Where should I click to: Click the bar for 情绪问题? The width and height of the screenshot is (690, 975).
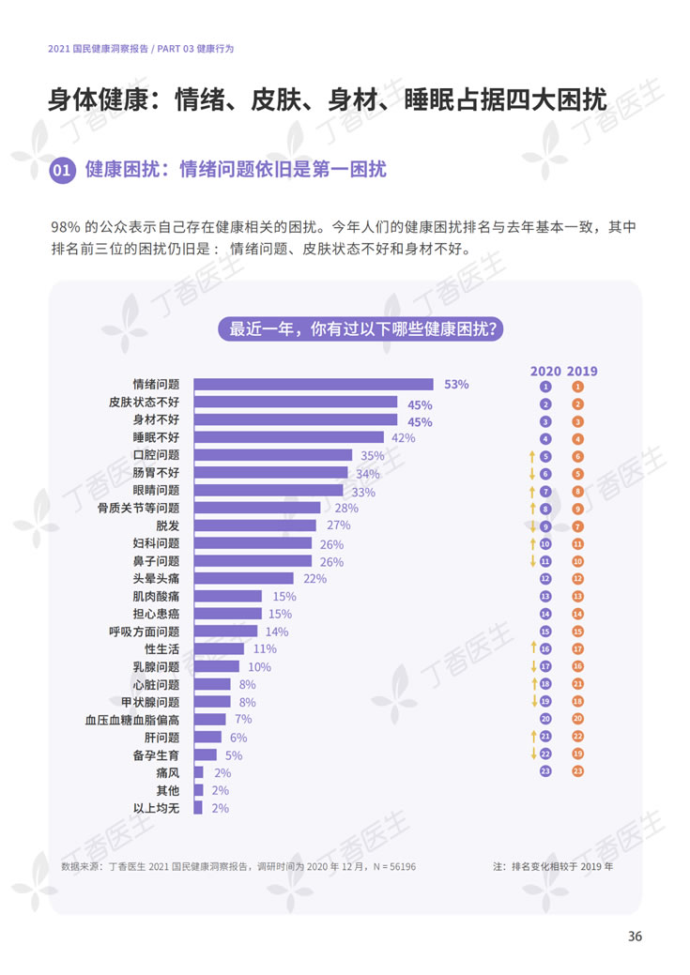(314, 384)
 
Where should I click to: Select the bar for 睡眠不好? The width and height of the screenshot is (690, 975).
(289, 437)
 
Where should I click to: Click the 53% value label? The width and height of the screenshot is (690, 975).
(456, 385)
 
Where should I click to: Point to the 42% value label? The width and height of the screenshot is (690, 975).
(403, 438)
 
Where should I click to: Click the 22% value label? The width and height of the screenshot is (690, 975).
(314, 579)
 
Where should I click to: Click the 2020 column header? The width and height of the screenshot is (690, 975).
(545, 371)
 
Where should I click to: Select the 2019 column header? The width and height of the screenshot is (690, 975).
(582, 371)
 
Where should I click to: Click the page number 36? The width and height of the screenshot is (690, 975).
(635, 937)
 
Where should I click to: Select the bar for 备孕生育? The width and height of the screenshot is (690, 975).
(206, 754)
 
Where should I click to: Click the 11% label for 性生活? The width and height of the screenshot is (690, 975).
(265, 649)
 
